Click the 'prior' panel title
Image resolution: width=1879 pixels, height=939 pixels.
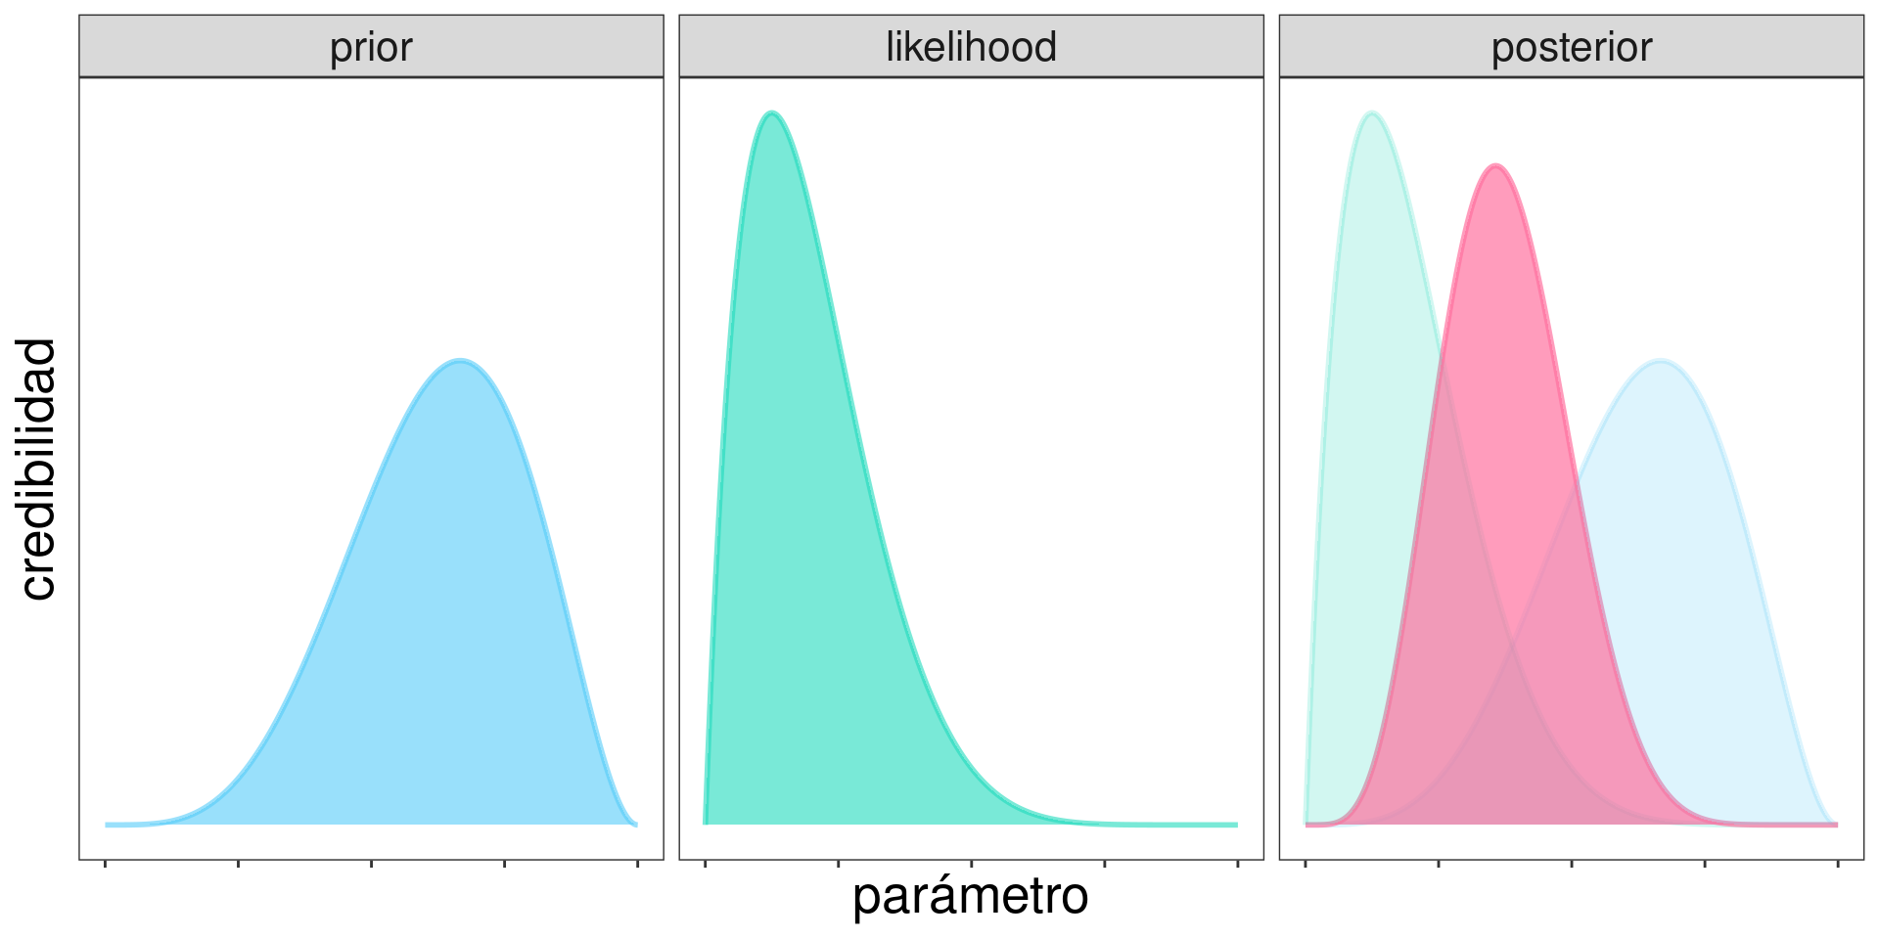[x=371, y=47]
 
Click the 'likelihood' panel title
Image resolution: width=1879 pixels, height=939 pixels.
[x=971, y=47]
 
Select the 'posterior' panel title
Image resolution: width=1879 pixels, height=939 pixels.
[x=1571, y=47]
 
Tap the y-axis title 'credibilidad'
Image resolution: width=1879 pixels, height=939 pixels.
[x=38, y=469]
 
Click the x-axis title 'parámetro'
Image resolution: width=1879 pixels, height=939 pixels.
[x=970, y=896]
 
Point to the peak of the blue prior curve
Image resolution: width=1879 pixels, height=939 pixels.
[x=460, y=361]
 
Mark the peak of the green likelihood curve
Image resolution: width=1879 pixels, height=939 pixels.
[x=772, y=113]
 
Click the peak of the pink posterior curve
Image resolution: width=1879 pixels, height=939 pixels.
[x=1494, y=166]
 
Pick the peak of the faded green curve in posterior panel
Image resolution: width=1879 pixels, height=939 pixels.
[x=1372, y=113]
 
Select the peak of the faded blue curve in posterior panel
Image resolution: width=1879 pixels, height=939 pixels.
[x=1660, y=361]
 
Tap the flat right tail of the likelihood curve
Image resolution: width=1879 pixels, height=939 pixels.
[x=1174, y=825]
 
